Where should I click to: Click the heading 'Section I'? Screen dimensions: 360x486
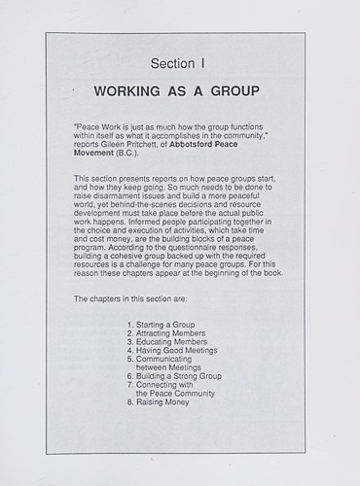click(x=180, y=64)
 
